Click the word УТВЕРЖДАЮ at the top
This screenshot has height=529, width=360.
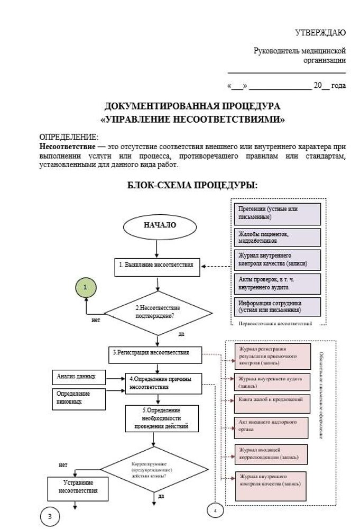tap(320, 33)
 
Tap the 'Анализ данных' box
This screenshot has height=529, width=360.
tap(79, 377)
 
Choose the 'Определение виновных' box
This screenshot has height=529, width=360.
tap(79, 398)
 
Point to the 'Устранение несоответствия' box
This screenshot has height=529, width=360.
tap(78, 487)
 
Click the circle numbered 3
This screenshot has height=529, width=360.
tap(50, 516)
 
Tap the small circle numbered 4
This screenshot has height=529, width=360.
tap(215, 511)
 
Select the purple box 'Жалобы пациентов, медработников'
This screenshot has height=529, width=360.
tap(278, 236)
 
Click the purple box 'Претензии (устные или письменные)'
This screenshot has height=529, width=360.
tap(278, 213)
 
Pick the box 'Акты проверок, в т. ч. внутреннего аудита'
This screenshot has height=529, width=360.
tap(278, 284)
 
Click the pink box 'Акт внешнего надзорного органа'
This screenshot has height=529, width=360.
tap(272, 426)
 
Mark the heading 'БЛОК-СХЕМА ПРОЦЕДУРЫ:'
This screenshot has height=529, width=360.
tap(192, 185)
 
